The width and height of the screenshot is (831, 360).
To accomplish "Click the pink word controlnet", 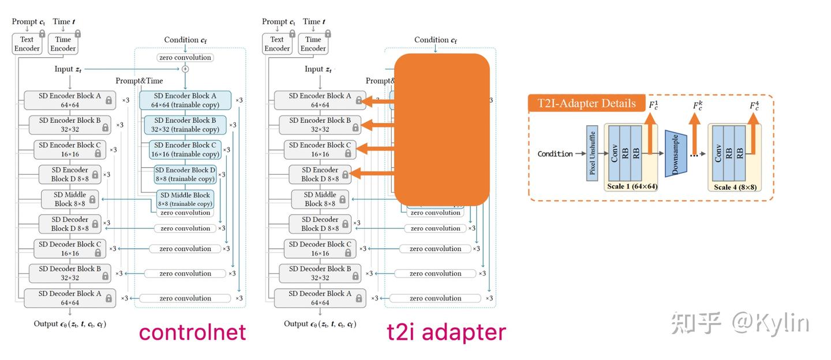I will point(192,332).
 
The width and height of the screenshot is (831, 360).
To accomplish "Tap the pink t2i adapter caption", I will point(446,332).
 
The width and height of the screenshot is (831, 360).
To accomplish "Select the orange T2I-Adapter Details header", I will point(586,104).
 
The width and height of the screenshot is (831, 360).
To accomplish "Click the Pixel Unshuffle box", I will point(592,153).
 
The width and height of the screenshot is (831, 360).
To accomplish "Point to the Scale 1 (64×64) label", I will point(632,186).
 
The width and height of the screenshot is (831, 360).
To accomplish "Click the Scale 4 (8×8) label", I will point(735,187).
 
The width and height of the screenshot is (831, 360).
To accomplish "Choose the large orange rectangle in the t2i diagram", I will point(441,130).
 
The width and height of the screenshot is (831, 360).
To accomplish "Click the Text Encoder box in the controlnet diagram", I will point(27,44).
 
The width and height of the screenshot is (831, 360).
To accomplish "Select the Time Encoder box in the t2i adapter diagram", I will point(313,44).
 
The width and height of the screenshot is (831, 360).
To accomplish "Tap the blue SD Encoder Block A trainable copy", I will point(185,100).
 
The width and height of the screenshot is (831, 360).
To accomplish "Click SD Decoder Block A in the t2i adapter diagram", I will point(320,298).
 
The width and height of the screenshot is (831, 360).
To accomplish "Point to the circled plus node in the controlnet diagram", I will point(185,69).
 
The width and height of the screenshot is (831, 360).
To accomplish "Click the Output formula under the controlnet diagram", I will point(70,324).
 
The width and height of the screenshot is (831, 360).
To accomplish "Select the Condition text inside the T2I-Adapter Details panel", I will point(555,153).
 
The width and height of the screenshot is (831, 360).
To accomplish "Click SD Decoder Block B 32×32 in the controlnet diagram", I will point(70,273).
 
